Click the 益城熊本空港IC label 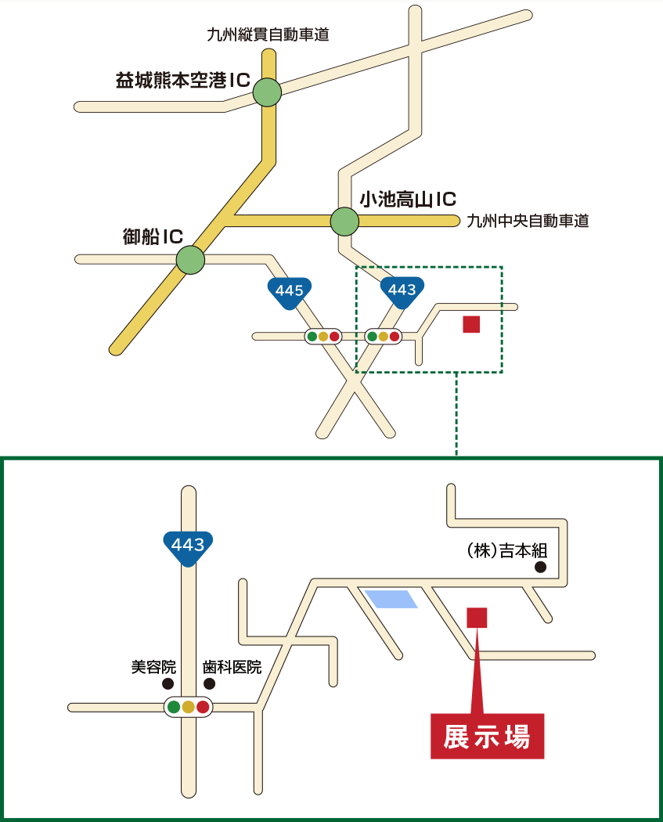(x=182, y=80)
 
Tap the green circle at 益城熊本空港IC (x=267, y=92)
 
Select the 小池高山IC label (x=407, y=200)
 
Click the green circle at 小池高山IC (x=344, y=222)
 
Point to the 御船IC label (x=153, y=236)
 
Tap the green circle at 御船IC (x=190, y=259)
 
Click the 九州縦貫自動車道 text (x=268, y=34)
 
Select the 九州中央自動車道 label (x=527, y=222)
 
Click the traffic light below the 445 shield (x=322, y=337)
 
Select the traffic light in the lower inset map (x=188, y=707)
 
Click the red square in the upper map (x=471, y=324)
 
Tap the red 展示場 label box (x=487, y=737)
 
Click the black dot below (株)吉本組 (x=539, y=568)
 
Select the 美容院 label (x=153, y=668)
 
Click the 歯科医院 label (x=232, y=668)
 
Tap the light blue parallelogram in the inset (x=391, y=599)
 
